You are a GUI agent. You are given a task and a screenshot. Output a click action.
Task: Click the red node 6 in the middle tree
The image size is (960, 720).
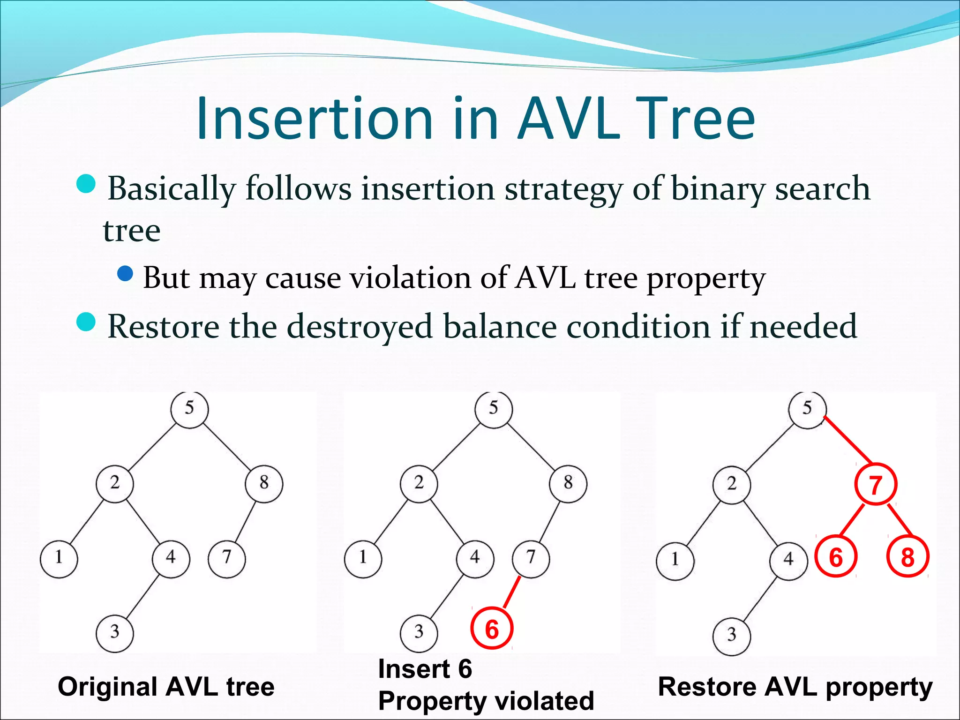click(492, 629)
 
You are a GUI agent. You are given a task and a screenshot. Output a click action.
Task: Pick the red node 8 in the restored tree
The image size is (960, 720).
click(907, 557)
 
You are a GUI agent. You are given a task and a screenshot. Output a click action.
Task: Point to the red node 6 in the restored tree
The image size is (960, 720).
click(836, 557)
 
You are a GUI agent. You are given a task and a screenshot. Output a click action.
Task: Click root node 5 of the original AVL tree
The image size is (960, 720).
click(189, 408)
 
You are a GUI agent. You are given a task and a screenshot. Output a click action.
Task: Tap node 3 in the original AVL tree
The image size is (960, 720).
click(115, 632)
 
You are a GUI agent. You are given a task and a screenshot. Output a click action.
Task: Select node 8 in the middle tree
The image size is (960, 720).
click(568, 483)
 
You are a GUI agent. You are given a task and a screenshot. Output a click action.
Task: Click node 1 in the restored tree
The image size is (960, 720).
click(675, 560)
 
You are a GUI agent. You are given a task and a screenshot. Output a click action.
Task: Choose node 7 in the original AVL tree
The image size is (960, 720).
click(227, 558)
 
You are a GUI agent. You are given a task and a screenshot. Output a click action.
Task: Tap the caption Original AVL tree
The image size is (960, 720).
click(166, 687)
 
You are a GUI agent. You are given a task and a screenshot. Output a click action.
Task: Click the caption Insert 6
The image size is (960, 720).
click(425, 668)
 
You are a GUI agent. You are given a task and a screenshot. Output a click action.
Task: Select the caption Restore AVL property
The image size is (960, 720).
click(795, 687)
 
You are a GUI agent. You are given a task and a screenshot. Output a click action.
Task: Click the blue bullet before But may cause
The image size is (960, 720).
click(125, 273)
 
